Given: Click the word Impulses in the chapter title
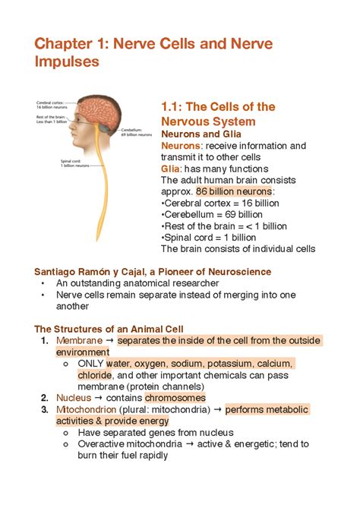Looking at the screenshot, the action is [68, 62].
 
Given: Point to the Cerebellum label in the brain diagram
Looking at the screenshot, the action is [125, 130].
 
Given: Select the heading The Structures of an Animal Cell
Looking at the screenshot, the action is [109, 329].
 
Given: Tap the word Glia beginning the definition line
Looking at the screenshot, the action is [170, 169].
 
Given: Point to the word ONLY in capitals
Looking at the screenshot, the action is [90, 364].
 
